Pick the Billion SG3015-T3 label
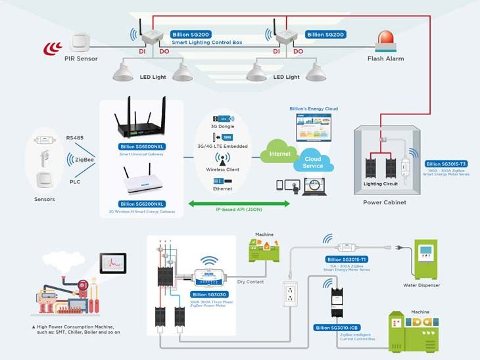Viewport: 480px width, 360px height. point(446,164)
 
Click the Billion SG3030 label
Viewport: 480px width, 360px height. point(210,295)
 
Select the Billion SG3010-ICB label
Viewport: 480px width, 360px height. point(337,326)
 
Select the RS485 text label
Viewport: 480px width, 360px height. point(75,138)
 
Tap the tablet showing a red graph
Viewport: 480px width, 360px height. point(113,263)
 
